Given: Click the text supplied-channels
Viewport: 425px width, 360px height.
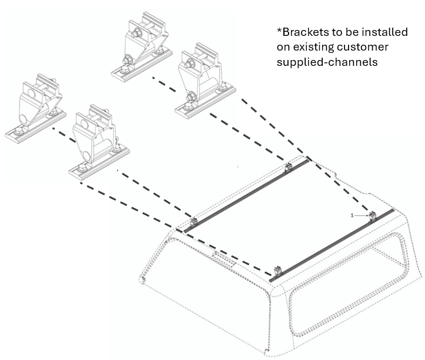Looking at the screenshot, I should (327, 62).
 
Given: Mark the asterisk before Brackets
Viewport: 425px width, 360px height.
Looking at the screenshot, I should (279, 29).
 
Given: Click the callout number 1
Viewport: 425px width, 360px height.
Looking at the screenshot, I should (352, 216).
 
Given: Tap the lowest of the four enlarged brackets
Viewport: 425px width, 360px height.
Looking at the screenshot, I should (93, 141).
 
